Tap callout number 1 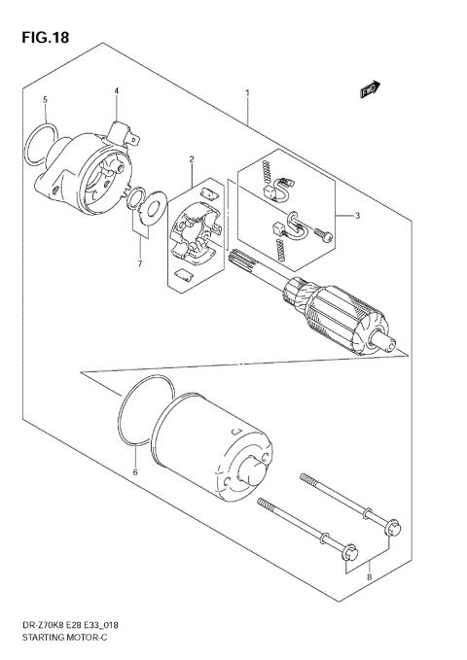247,93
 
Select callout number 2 192,158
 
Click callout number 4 116,90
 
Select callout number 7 139,264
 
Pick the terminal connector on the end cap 123,132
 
